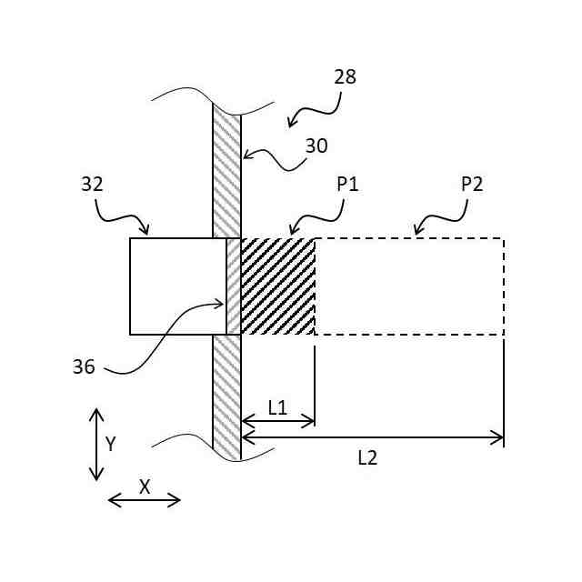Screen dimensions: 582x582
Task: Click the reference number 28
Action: click(x=345, y=77)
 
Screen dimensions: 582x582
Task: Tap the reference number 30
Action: click(x=316, y=145)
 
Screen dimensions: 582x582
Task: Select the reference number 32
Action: click(x=93, y=185)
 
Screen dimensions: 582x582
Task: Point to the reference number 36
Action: click(x=84, y=366)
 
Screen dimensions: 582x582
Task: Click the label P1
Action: click(x=348, y=184)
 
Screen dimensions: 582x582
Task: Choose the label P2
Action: click(x=471, y=184)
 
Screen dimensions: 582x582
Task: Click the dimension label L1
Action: click(x=277, y=408)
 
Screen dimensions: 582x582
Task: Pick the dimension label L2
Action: click(x=366, y=458)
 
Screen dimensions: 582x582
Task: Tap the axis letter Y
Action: click(x=111, y=444)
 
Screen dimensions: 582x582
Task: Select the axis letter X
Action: click(x=144, y=487)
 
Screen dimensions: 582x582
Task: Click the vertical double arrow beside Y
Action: click(x=95, y=445)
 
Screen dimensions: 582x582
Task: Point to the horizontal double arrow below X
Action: click(x=144, y=499)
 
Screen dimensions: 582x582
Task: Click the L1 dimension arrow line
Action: click(x=277, y=421)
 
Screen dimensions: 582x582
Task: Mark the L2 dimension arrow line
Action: click(x=372, y=438)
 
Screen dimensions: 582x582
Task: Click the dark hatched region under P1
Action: click(x=278, y=286)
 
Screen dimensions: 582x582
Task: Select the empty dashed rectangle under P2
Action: click(x=409, y=286)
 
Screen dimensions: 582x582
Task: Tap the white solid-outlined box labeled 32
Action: click(x=177, y=286)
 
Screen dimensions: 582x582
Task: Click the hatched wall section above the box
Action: click(x=226, y=173)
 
